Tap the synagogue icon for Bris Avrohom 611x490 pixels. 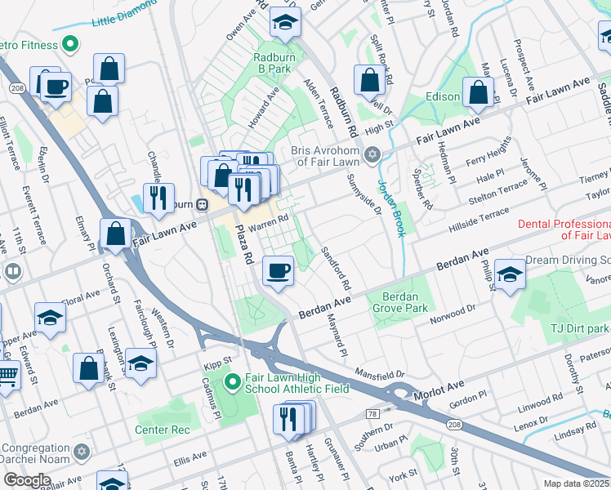[x=372, y=154]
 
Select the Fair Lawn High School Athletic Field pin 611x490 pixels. [x=232, y=381]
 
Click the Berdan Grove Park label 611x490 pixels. [x=400, y=303]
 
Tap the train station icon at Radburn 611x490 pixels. [x=200, y=205]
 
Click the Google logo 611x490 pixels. [x=27, y=479]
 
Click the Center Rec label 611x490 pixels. [x=162, y=430]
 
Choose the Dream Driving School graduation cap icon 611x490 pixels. [x=510, y=276]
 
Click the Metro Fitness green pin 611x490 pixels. [x=70, y=42]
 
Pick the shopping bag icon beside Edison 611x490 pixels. [x=478, y=92]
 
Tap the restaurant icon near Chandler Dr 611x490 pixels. [x=157, y=197]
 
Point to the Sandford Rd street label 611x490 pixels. [x=336, y=269]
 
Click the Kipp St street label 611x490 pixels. [x=217, y=359]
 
